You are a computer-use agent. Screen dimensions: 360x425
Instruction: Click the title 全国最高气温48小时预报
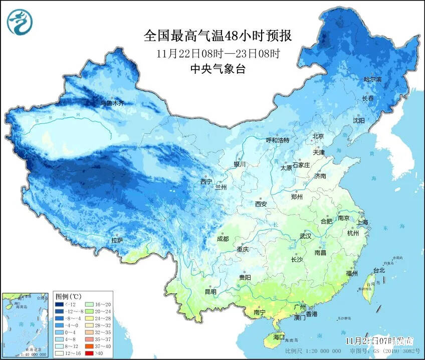(x=218, y=36)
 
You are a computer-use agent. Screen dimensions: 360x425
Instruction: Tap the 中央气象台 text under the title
(x=218, y=70)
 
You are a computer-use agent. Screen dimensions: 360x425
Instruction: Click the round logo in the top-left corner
(x=20, y=22)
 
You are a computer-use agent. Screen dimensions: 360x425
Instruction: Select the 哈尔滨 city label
(x=372, y=80)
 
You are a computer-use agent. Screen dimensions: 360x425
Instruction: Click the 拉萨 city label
(x=117, y=241)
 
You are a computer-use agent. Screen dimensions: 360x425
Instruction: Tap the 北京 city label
(x=318, y=136)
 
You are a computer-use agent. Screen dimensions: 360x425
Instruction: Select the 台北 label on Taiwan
(x=379, y=270)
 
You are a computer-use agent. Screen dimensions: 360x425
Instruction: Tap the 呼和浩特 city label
(x=277, y=140)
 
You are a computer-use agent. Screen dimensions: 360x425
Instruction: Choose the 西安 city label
(x=261, y=204)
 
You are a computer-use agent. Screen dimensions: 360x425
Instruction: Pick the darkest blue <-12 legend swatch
(x=59, y=304)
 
